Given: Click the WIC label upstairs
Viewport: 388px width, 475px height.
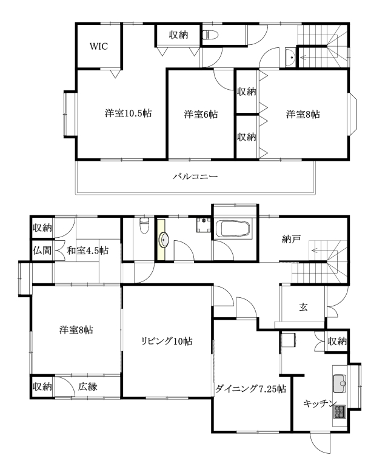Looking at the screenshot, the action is pyautogui.click(x=99, y=46).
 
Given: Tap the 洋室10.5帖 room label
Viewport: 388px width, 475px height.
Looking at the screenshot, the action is pyautogui.click(x=129, y=113).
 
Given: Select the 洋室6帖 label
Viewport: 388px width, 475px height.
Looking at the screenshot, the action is pyautogui.click(x=201, y=114).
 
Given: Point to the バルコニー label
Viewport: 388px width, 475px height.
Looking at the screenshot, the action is pyautogui.click(x=195, y=177).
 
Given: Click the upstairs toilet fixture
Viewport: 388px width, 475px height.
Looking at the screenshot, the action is pyautogui.click(x=210, y=35).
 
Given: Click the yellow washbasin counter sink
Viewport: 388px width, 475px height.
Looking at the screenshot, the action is pyautogui.click(x=164, y=240).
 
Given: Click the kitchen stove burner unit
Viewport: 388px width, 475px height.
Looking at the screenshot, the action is pyautogui.click(x=339, y=412).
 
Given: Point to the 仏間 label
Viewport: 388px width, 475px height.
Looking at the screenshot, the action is pyautogui.click(x=42, y=251).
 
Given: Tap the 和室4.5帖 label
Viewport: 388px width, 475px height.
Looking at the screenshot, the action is pyautogui.click(x=87, y=251).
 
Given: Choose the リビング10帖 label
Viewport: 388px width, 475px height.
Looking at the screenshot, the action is pyautogui.click(x=167, y=341).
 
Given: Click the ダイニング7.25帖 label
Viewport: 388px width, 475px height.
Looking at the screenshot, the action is pyautogui.click(x=250, y=388).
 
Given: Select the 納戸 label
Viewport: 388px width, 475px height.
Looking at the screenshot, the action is pyautogui.click(x=291, y=239).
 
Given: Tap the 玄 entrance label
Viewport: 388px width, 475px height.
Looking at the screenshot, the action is pyautogui.click(x=303, y=307).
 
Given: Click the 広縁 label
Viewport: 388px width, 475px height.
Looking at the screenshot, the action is pyautogui.click(x=88, y=386).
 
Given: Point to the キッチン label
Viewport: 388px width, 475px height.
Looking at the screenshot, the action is pyautogui.click(x=320, y=403).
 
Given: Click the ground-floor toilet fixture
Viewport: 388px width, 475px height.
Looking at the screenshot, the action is pyautogui.click(x=145, y=225).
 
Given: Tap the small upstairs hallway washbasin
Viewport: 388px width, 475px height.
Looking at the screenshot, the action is pyautogui.click(x=290, y=56).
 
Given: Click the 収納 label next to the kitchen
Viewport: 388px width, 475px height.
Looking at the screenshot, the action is pyautogui.click(x=337, y=341).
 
